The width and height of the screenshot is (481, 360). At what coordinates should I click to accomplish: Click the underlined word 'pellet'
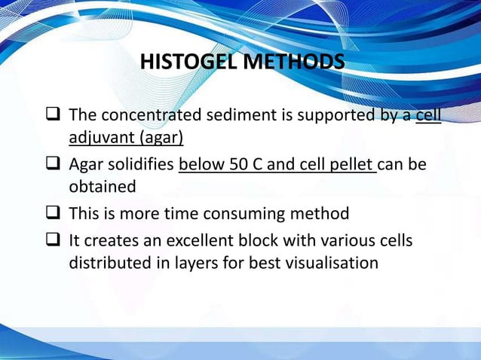(349, 164)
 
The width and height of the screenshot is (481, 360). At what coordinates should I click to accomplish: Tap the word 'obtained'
(103, 186)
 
